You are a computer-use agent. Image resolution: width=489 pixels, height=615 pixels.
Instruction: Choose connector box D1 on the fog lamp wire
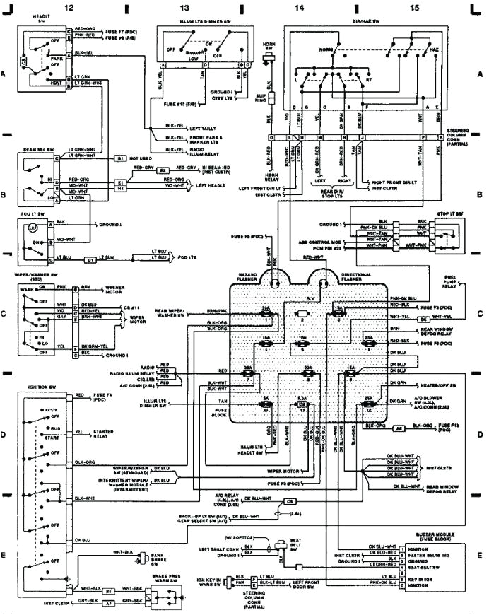click(x=90, y=260)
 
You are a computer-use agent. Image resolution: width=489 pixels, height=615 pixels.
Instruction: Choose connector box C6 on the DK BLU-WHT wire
click(x=290, y=501)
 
